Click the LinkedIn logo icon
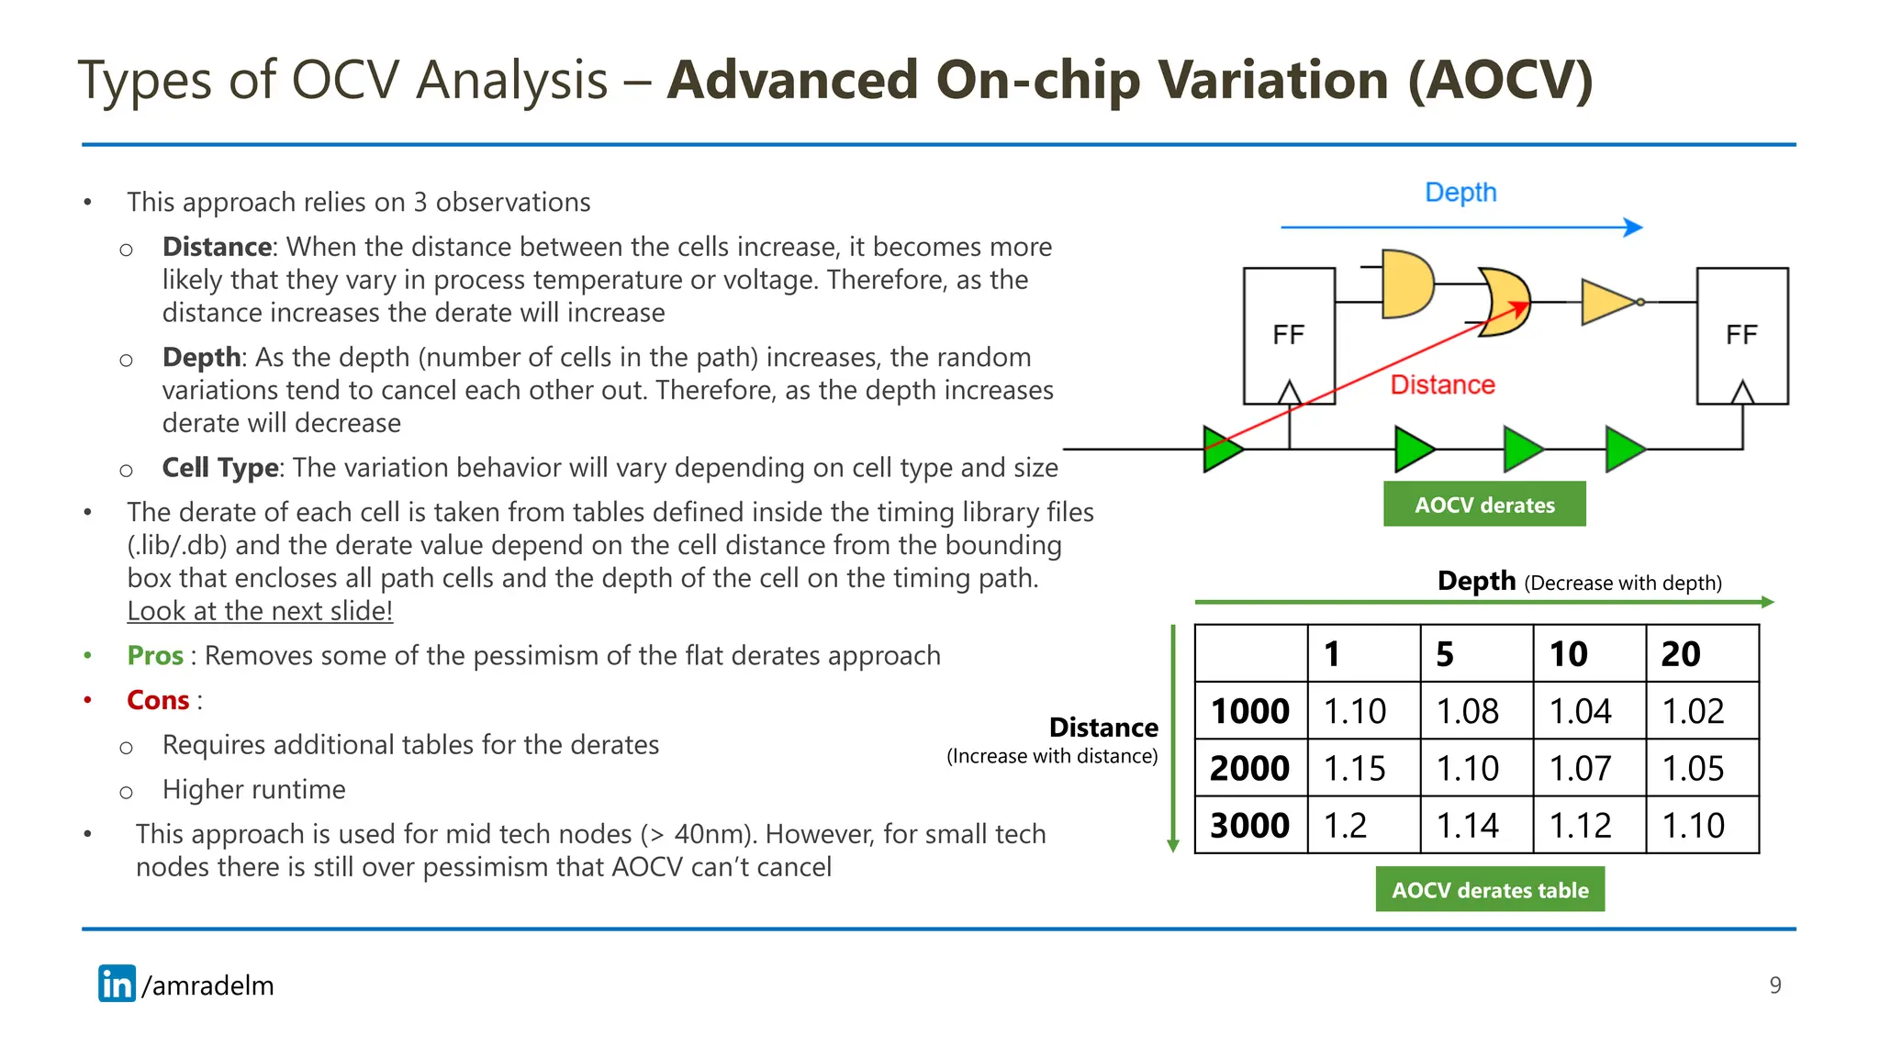(x=117, y=984)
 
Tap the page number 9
(x=1774, y=985)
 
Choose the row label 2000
(x=1250, y=768)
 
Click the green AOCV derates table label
(x=1489, y=889)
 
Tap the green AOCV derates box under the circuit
(x=1483, y=505)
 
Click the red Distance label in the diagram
(x=1442, y=384)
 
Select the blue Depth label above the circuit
(x=1460, y=193)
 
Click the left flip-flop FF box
(x=1288, y=336)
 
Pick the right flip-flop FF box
(x=1741, y=336)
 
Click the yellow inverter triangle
(x=1608, y=302)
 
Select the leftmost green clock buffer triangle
(x=1222, y=449)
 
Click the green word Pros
(x=155, y=655)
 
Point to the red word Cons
(x=158, y=700)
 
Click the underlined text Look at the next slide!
(x=260, y=611)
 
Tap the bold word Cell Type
(x=220, y=468)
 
